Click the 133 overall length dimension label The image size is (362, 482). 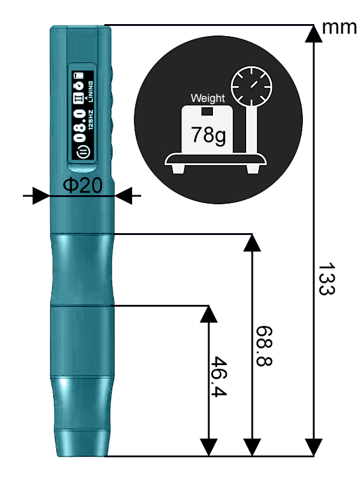click(x=326, y=278)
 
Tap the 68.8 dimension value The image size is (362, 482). click(x=264, y=346)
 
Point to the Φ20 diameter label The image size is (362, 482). click(x=83, y=186)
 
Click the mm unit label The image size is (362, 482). click(x=339, y=27)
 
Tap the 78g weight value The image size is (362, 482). click(x=208, y=135)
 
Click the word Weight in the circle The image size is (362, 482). click(x=208, y=98)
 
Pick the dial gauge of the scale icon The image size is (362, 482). click(x=252, y=86)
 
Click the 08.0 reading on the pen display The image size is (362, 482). click(x=80, y=126)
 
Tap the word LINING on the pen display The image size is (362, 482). click(x=91, y=92)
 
